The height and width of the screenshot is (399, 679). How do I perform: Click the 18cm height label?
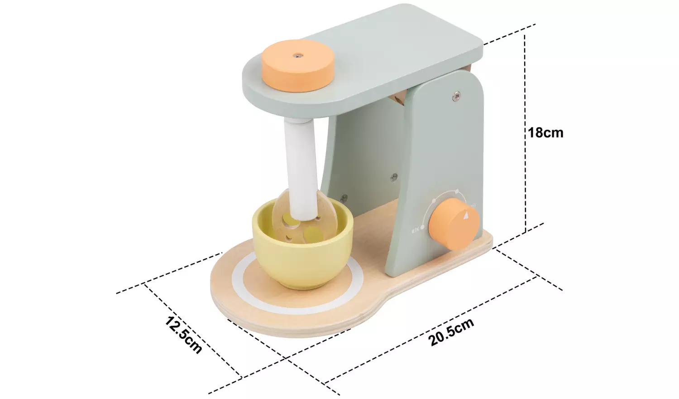pyautogui.click(x=546, y=133)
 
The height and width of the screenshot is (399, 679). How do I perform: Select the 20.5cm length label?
pyautogui.click(x=451, y=332)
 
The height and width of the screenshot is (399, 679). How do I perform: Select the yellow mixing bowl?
pyautogui.click(x=302, y=247)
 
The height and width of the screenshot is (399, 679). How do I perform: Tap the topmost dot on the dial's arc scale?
pyautogui.click(x=457, y=191)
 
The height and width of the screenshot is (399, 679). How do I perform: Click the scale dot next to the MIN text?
pyautogui.click(x=423, y=228)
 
